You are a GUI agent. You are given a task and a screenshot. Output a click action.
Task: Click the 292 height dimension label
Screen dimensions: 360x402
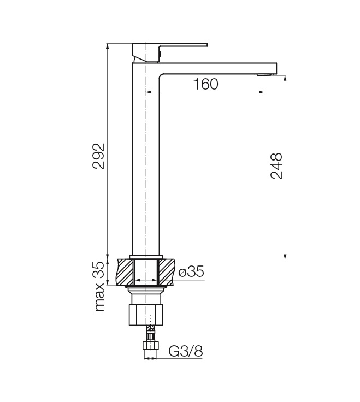[x=98, y=156]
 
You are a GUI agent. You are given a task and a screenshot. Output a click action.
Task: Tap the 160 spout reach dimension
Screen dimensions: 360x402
[x=205, y=84]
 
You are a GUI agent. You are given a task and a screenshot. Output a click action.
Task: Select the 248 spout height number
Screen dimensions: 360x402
[x=276, y=165]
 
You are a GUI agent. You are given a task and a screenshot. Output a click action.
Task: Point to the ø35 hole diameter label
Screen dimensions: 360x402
[x=191, y=272]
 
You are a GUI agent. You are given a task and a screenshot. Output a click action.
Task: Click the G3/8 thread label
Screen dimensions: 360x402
[x=186, y=351]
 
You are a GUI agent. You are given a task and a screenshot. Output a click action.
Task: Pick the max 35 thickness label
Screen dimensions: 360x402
[x=99, y=286]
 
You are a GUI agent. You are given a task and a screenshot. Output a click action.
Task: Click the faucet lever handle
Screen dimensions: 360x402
[x=170, y=52]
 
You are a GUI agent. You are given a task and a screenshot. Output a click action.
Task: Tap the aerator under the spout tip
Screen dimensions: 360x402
[x=264, y=75]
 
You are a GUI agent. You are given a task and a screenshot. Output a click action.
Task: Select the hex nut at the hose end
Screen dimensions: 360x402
[x=151, y=345]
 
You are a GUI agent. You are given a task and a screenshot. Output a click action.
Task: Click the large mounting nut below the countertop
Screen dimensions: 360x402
[x=146, y=315]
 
